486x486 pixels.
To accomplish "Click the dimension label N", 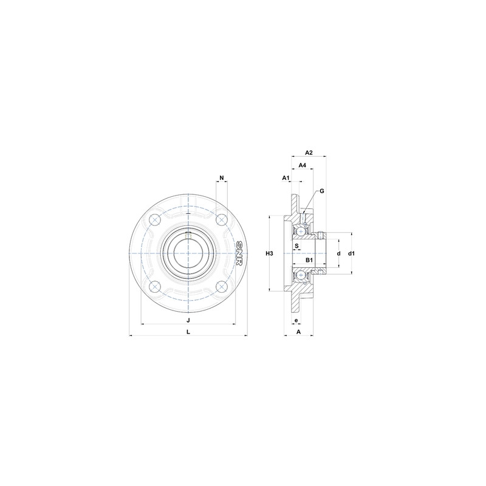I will tap(222, 178).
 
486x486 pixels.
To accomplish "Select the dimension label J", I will tap(188, 320).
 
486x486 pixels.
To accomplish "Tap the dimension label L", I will tap(188, 332).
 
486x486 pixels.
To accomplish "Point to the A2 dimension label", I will tap(309, 152).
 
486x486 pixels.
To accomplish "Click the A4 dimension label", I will tap(302, 165).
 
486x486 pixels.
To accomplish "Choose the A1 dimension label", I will tap(285, 177).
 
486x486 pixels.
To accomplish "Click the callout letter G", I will tap(321, 191).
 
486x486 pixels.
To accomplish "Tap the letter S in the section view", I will tap(297, 246).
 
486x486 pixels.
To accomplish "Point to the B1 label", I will tap(309, 260).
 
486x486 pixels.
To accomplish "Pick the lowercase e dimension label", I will tap(296, 320).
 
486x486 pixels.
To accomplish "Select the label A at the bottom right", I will tap(298, 332).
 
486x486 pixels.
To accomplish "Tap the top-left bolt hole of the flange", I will tap(156, 219).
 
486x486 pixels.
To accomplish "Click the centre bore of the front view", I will tap(188, 252).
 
